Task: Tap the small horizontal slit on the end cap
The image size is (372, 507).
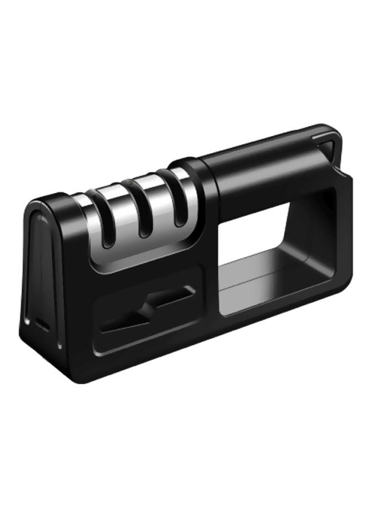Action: pos(43,324)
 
